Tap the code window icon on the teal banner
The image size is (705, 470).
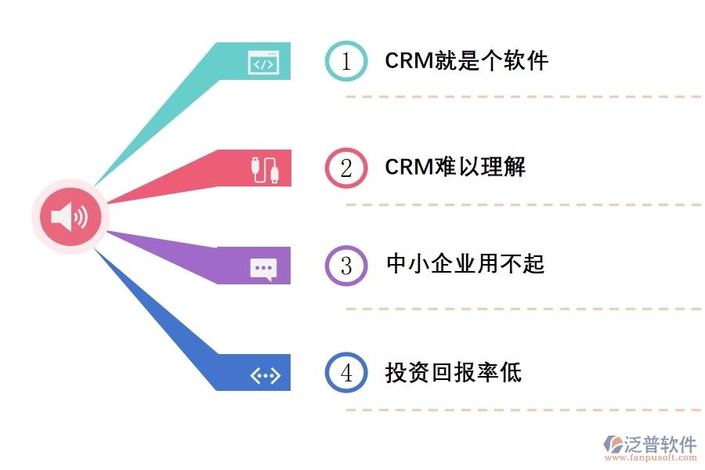262,63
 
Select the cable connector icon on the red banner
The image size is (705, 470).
264,169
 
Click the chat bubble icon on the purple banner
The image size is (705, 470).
263,269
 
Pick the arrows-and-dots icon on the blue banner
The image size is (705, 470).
264,376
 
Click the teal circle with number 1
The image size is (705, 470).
346,61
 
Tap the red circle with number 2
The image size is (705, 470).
346,168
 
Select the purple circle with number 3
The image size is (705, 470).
346,266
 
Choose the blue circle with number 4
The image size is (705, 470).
346,373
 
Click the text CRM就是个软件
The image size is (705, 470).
466,61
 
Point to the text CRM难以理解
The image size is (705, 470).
454,167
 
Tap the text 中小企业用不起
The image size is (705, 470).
465,264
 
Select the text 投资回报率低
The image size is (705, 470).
453,372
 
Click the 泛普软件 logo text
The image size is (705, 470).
660,444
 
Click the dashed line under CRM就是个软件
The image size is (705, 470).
523,97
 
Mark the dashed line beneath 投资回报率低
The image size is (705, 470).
523,410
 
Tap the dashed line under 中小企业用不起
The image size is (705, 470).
523,309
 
